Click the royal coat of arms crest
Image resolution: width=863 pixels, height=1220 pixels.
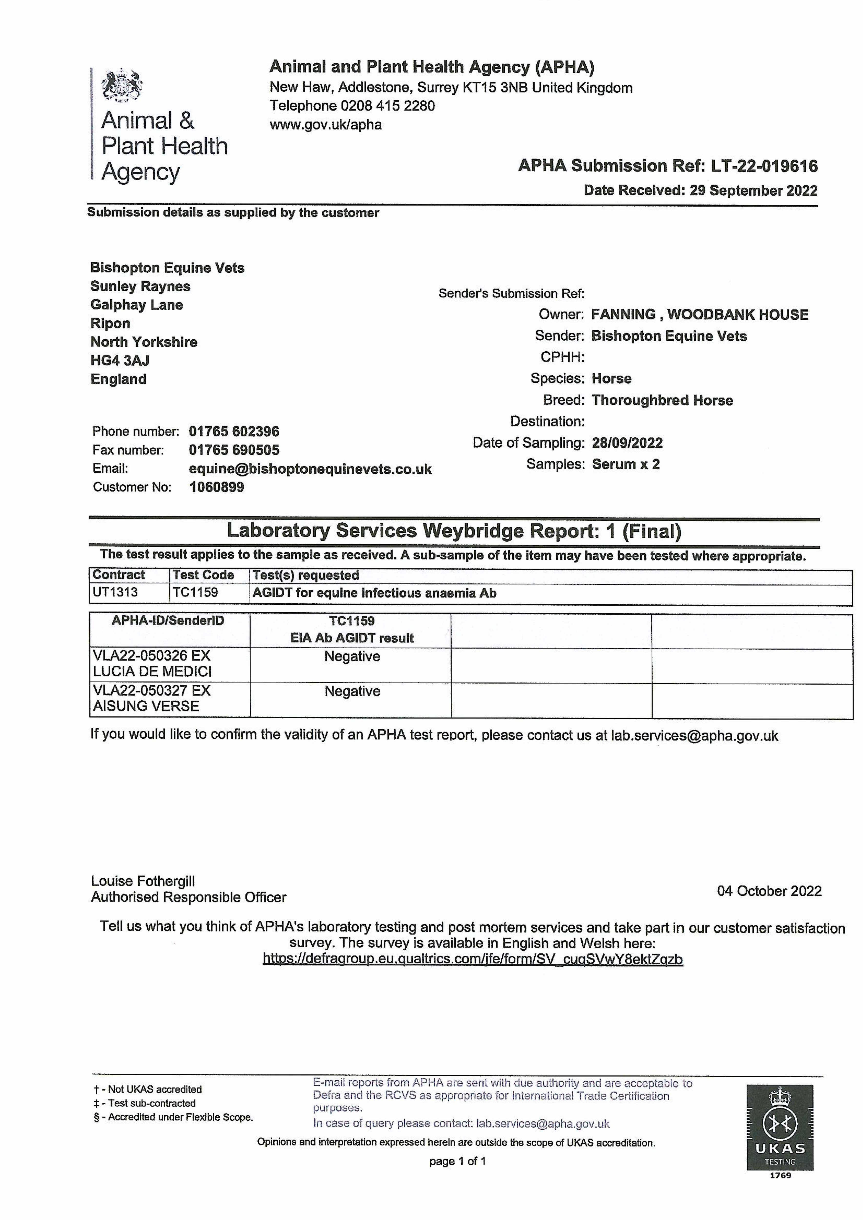[122, 85]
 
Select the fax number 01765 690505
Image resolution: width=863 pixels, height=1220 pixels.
[234, 450]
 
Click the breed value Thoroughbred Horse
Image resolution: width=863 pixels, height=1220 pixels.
[662, 400]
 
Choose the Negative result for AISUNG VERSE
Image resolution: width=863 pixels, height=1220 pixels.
[352, 691]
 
